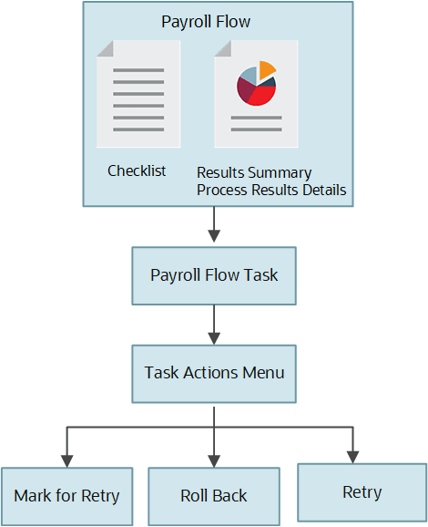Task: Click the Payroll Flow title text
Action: pyautogui.click(x=205, y=20)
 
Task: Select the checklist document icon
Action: pyautogui.click(x=138, y=94)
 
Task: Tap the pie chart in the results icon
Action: pyautogui.click(x=256, y=84)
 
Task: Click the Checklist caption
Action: pyautogui.click(x=137, y=170)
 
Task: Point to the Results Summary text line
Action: pyautogui.click(x=254, y=172)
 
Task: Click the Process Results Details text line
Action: pyautogui.click(x=271, y=190)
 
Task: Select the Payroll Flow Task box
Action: pyautogui.click(x=213, y=274)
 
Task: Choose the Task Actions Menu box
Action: pyautogui.click(x=213, y=372)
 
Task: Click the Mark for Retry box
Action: pyautogui.click(x=66, y=495)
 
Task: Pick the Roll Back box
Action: pyautogui.click(x=213, y=495)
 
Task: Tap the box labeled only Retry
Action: pyautogui.click(x=362, y=491)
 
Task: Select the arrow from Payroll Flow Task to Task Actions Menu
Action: pyautogui.click(x=213, y=323)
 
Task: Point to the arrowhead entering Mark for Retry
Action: pyautogui.click(x=66, y=460)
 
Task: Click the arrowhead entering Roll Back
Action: pyautogui.click(x=213, y=460)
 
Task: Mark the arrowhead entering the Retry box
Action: pyautogui.click(x=351, y=456)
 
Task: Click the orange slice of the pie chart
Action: pyautogui.click(x=267, y=69)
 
